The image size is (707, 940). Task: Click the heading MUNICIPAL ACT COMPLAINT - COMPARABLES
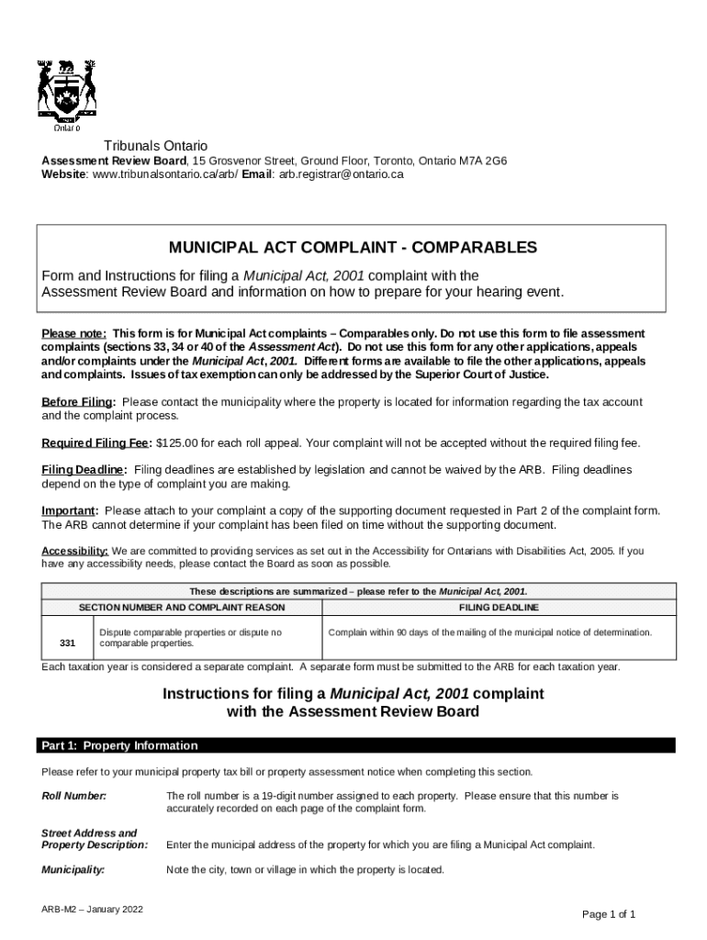[x=353, y=248]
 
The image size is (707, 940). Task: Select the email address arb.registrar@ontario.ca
[x=342, y=173]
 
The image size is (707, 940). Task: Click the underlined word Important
[x=70, y=510]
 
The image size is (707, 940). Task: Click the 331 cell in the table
[x=67, y=642]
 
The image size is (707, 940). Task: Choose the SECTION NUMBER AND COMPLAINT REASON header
[x=182, y=608]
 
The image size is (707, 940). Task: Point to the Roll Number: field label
[x=74, y=795]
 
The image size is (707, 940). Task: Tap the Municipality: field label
[x=73, y=869]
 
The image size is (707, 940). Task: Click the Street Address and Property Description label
[x=95, y=839]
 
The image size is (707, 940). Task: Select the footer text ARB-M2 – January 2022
[x=93, y=910]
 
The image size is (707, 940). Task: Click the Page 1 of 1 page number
[x=609, y=914]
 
